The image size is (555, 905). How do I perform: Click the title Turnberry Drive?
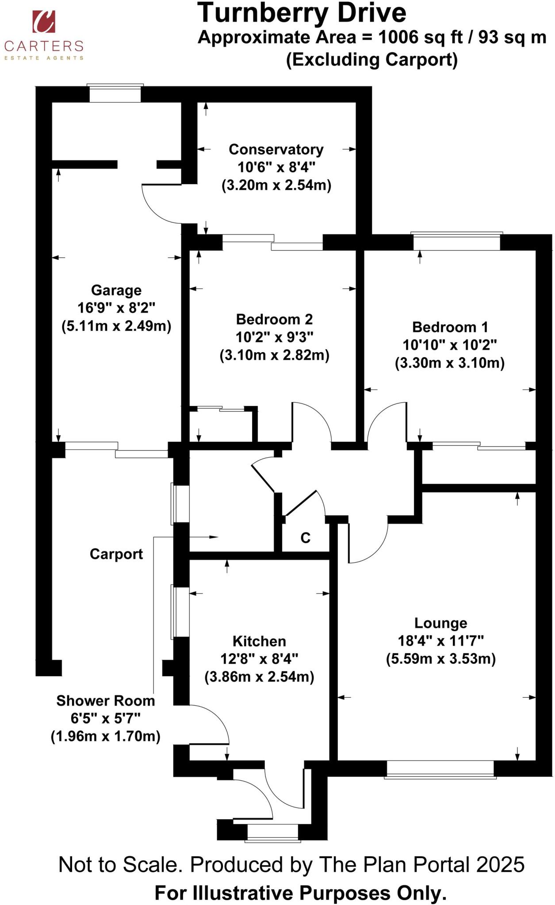point(301,13)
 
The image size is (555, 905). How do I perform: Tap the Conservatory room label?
point(276,149)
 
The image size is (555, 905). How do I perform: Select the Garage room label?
point(116,290)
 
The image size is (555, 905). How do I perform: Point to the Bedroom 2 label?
point(274,319)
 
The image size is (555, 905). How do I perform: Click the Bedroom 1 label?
point(450,327)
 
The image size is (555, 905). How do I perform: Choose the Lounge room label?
point(440,623)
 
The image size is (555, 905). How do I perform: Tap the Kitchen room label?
point(259,641)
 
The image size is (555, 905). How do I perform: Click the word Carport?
point(116,554)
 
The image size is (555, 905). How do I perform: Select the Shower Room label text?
point(106,701)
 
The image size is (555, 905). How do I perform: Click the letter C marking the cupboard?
point(306,538)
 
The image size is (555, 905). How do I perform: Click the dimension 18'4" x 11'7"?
point(440,641)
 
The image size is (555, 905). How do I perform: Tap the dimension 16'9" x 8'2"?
point(116,308)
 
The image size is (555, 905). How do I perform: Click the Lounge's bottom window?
point(440,769)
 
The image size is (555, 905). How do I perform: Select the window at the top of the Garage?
point(115,94)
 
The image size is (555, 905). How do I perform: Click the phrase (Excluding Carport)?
point(371,60)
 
